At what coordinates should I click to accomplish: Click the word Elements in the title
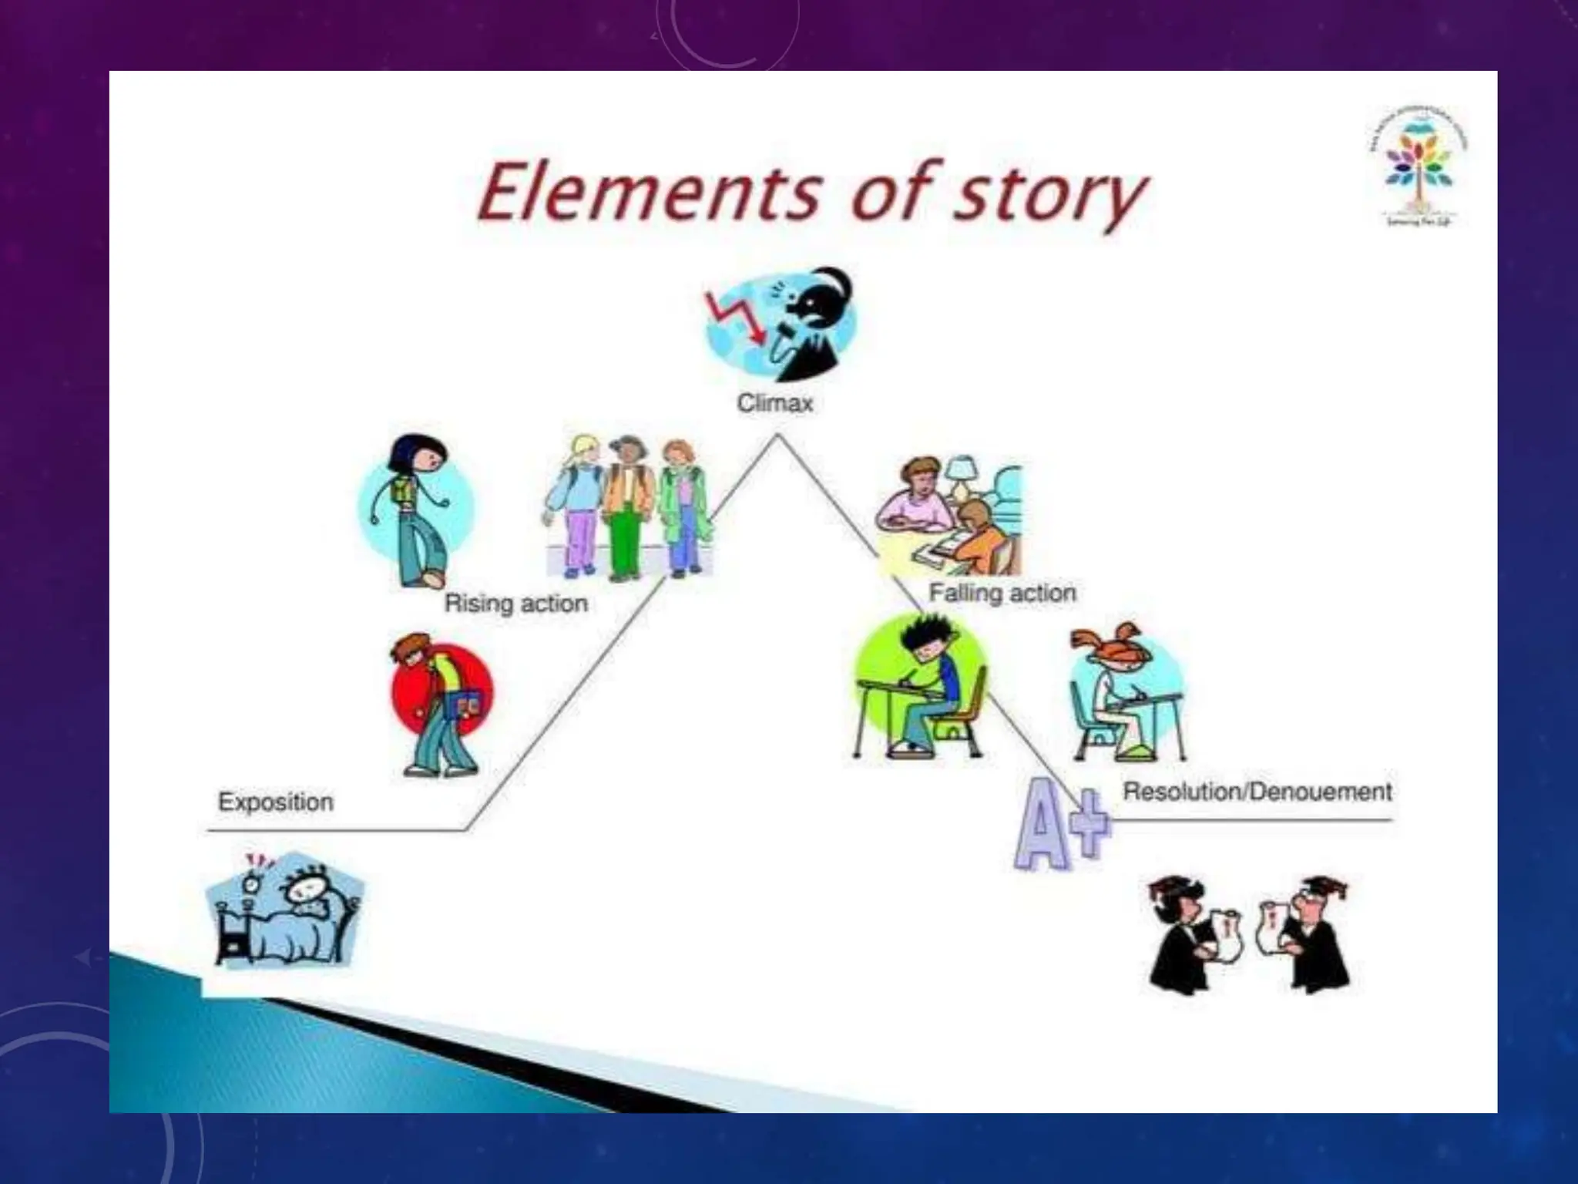click(x=647, y=193)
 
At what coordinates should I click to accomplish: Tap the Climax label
click(x=775, y=403)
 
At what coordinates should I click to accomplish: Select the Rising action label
click(x=516, y=604)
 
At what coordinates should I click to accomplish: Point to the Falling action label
click(x=1002, y=593)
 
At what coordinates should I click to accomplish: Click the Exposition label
click(x=276, y=802)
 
